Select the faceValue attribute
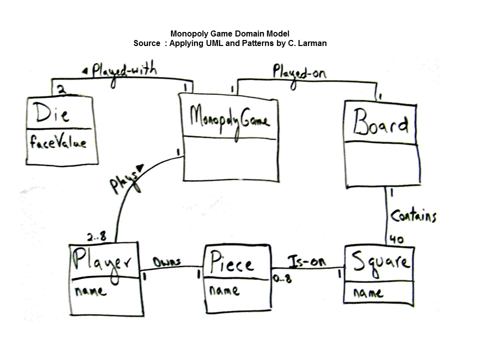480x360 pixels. (58, 143)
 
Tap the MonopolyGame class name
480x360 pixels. (229, 119)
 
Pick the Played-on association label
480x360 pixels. (299, 72)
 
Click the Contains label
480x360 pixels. (413, 216)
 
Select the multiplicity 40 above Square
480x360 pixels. (396, 239)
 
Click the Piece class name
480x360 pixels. (231, 263)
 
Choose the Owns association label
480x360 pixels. (166, 261)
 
